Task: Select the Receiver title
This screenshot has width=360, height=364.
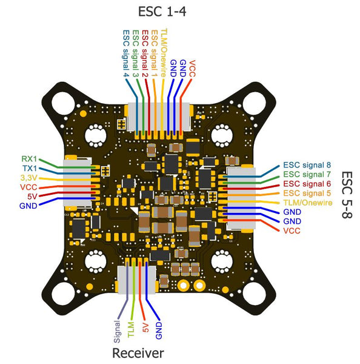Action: (x=138, y=353)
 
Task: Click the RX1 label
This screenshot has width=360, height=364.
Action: (x=30, y=158)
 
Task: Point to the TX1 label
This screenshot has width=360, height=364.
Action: (x=30, y=168)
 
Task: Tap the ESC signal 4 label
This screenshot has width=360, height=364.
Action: (x=126, y=53)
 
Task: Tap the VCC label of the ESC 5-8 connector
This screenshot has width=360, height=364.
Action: (x=292, y=231)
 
